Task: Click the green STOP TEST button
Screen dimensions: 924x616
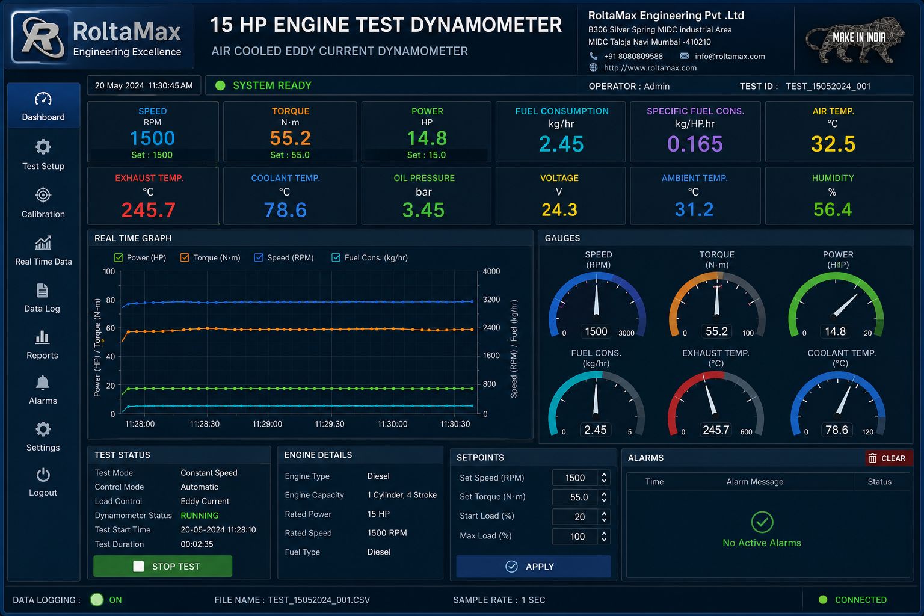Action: [x=162, y=566]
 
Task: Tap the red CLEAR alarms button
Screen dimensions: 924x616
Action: [x=888, y=458]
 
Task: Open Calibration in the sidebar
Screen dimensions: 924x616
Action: [x=43, y=202]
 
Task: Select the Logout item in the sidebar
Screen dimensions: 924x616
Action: [x=43, y=482]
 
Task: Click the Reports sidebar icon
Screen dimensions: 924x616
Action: [x=42, y=337]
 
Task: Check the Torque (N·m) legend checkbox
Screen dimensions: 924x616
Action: [x=185, y=257]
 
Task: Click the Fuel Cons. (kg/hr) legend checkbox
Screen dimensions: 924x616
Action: [x=336, y=257]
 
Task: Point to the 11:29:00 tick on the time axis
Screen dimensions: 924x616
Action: [x=267, y=423]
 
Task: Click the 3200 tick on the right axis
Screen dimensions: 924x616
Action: [x=491, y=299]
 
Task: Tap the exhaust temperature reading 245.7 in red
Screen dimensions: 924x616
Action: [x=149, y=209]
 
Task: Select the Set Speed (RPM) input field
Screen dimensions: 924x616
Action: [x=574, y=478]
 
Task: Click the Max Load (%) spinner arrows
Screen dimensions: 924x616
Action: [x=604, y=536]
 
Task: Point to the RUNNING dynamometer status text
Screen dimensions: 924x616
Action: [x=200, y=516]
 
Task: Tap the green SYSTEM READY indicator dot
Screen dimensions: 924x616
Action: [x=220, y=85]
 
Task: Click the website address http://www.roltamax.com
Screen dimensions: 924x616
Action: [x=650, y=67]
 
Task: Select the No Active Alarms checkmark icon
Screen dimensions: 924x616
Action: [x=762, y=522]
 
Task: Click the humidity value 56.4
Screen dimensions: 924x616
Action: [x=833, y=209]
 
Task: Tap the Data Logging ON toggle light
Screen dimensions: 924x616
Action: [x=97, y=600]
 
